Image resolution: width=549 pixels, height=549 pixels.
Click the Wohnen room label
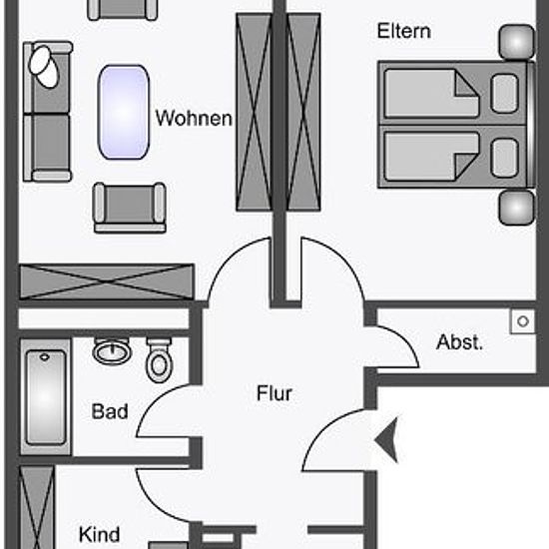[194, 119]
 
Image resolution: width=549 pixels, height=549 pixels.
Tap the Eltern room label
[403, 31]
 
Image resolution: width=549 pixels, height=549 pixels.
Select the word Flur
[274, 393]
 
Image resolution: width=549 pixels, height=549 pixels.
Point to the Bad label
[110, 411]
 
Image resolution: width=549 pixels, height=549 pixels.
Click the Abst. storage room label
[459, 342]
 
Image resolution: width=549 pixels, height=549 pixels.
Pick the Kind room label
[100, 534]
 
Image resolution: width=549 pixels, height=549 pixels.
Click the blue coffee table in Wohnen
[124, 112]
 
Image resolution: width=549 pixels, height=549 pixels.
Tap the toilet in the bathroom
[160, 360]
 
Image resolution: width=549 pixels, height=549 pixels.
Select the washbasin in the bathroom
[112, 351]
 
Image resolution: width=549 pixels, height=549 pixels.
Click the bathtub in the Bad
[46, 397]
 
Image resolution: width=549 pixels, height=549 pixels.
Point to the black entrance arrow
[387, 439]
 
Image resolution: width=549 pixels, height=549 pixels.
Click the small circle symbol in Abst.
[523, 321]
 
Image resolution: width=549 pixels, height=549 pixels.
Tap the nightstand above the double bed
[517, 41]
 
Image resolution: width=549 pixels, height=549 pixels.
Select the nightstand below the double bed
[517, 208]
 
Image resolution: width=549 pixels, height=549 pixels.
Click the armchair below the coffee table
[130, 208]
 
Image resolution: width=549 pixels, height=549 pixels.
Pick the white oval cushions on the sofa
[44, 67]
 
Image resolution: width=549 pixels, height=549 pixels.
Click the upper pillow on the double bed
[504, 94]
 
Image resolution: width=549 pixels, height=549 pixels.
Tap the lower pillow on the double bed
[504, 158]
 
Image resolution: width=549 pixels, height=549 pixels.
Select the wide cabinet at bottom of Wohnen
[107, 282]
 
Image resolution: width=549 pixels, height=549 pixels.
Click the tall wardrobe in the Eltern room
[303, 112]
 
